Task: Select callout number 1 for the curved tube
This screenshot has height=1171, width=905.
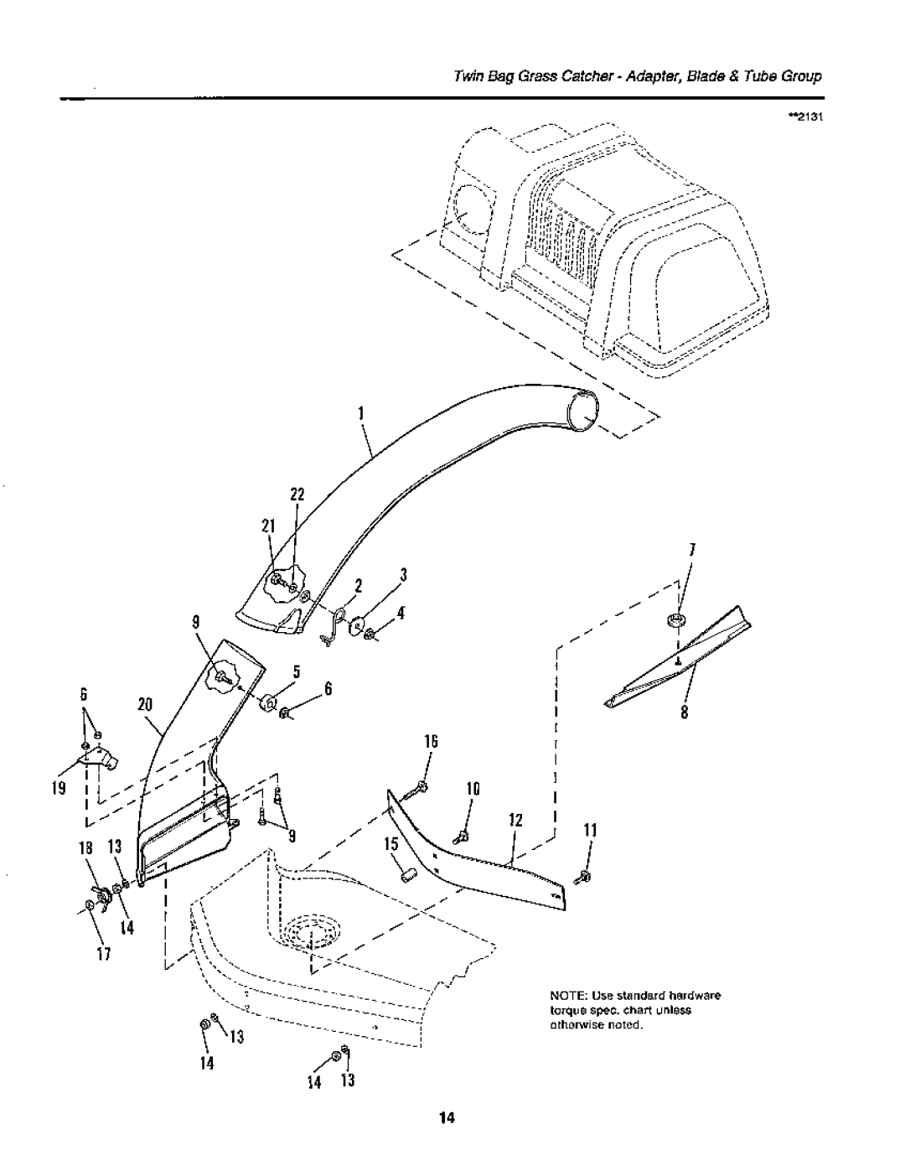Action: tap(361, 413)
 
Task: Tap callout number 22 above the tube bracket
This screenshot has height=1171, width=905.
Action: tap(297, 495)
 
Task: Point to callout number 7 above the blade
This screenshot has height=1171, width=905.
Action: tap(693, 550)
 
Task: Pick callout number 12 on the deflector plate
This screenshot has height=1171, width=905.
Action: tap(515, 821)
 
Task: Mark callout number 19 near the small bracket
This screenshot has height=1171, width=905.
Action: tap(59, 789)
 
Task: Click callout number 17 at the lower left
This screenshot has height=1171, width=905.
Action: tap(104, 954)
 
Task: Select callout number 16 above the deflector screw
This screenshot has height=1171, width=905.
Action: tap(431, 742)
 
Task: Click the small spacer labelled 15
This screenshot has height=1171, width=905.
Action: tap(408, 874)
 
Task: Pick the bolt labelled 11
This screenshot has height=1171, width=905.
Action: tap(582, 878)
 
